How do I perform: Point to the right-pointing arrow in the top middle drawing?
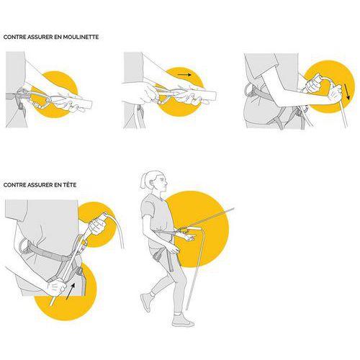(x=184, y=75)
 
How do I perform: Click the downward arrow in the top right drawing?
(x=347, y=91)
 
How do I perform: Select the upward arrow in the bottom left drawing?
(x=71, y=291)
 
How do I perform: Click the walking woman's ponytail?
(x=143, y=181)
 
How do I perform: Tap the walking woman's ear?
(x=157, y=180)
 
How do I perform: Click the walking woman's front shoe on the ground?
(x=183, y=320)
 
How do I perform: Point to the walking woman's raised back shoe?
(x=146, y=302)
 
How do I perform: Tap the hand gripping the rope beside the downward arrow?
(x=335, y=93)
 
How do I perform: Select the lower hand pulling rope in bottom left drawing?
(x=56, y=287)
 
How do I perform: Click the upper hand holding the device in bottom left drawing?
(x=97, y=226)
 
